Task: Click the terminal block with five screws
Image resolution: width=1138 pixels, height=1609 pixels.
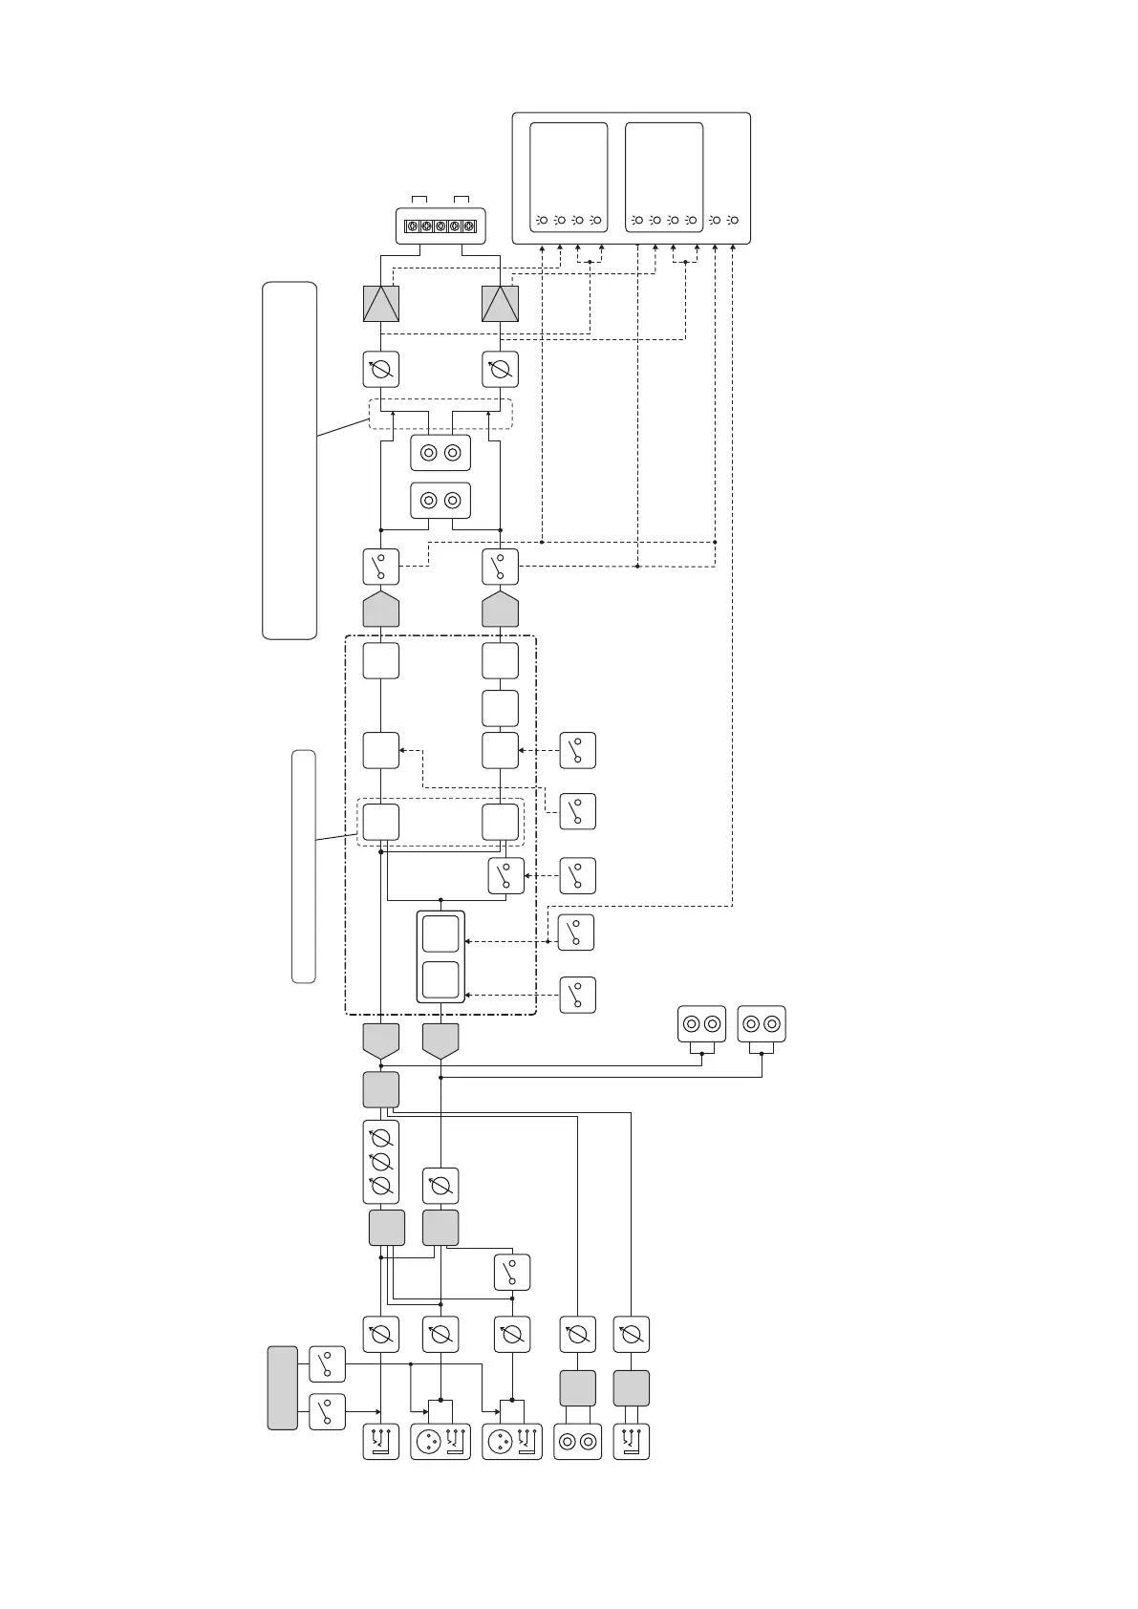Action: pos(440,226)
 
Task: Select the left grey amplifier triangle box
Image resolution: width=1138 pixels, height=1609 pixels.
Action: pos(381,304)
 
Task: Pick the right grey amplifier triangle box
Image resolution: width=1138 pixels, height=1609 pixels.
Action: pos(500,304)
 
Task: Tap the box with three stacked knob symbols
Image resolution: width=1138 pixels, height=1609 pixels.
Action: pos(381,1162)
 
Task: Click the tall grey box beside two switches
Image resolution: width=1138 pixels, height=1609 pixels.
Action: pos(282,1387)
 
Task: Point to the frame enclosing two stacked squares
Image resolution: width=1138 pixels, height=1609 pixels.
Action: pos(440,956)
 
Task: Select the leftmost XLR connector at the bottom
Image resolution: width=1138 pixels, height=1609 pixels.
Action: pos(440,1441)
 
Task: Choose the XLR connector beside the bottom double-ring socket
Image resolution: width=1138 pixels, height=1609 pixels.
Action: pos(512,1441)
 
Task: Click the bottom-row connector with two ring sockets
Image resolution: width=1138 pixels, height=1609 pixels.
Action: pos(577,1441)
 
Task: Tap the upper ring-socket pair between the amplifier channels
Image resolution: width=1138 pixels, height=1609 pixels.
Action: pos(440,453)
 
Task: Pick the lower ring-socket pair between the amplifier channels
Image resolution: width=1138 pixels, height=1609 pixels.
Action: pos(440,500)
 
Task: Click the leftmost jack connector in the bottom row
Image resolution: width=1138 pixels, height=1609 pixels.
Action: pos(381,1441)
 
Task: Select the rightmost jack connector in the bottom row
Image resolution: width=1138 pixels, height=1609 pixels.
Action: pos(631,1441)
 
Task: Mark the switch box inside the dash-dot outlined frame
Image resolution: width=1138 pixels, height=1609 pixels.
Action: pos(505,876)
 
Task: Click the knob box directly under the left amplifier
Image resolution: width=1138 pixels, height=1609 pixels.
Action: pos(381,369)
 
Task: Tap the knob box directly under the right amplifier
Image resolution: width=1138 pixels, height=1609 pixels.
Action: pos(500,369)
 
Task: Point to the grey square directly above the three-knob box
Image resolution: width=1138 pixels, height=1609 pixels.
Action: pos(381,1089)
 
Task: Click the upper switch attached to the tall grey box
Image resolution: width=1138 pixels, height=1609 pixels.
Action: pos(327,1364)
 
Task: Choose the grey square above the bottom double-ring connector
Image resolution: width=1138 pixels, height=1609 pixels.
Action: pos(577,1387)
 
